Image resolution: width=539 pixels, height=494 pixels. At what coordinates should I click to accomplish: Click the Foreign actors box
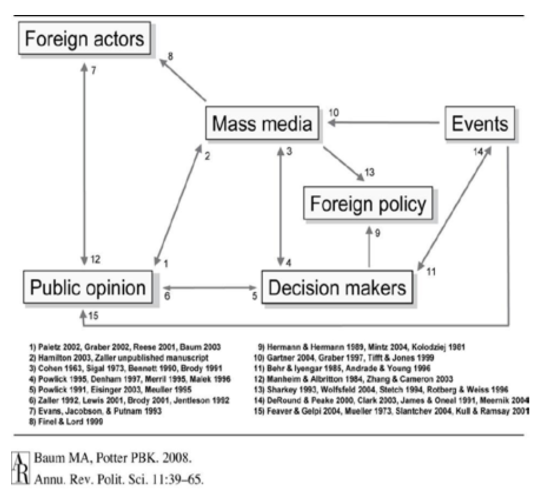tap(84, 38)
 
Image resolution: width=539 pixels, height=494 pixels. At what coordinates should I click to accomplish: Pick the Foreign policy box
tap(368, 203)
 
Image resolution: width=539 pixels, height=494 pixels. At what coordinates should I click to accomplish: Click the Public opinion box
tap(87, 288)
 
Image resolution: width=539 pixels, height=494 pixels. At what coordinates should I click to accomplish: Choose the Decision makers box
tap(337, 288)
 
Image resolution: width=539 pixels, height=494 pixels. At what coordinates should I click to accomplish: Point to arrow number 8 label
tap(170, 56)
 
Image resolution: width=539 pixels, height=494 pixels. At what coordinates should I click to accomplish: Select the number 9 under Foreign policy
tap(377, 232)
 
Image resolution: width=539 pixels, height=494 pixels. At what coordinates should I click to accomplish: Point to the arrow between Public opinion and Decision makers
tap(209, 288)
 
